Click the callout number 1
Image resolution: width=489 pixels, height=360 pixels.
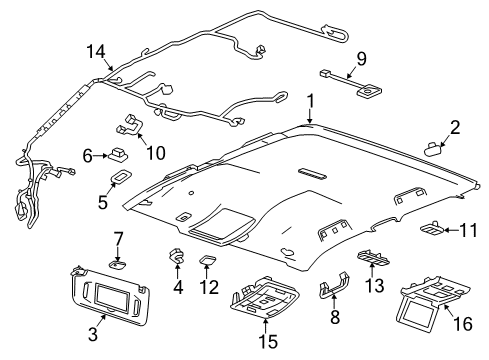pyautogui.click(x=311, y=100)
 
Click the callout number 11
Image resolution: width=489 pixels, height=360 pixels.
pyautogui.click(x=468, y=230)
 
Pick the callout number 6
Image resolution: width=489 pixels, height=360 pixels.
pyautogui.click(x=88, y=155)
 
